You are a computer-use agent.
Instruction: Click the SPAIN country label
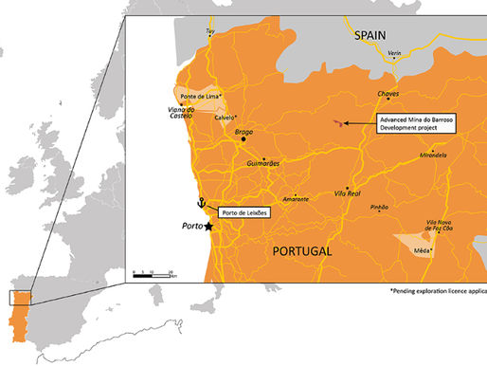coord(370,34)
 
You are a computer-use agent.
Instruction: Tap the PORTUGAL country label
coord(302,251)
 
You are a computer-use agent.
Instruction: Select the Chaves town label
coord(388,95)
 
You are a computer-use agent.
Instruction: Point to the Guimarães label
coord(263,164)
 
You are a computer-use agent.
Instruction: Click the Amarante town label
coord(295,199)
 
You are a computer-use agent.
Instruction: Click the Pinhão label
coord(380,207)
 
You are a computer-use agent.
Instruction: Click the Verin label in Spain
coord(394,53)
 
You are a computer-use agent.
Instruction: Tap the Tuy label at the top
coord(210,31)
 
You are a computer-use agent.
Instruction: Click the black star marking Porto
coord(208,228)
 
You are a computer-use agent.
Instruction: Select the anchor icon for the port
coord(200,202)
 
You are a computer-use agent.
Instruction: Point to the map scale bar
coord(152,276)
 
